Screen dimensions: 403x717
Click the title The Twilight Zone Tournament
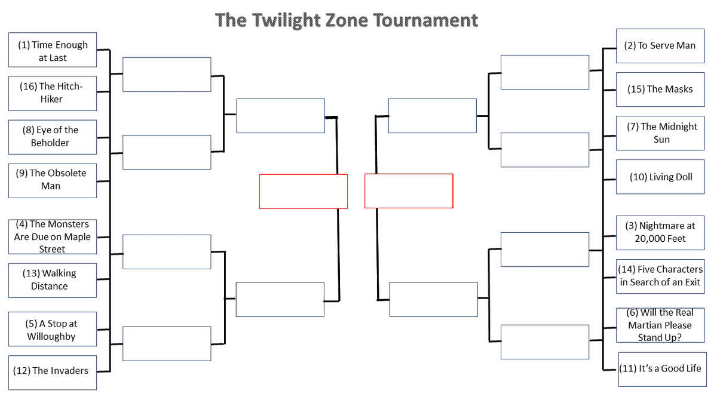[x=347, y=20]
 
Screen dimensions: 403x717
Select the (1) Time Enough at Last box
[x=53, y=50]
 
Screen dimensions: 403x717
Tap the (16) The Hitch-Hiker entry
[x=53, y=93]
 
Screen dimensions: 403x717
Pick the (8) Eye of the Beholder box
[x=53, y=137]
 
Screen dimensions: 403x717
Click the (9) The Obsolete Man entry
[x=53, y=180]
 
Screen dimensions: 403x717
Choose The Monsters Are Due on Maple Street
[x=53, y=237]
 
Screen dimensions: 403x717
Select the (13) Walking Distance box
[x=53, y=280]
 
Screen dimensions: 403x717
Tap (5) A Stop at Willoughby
[x=53, y=329]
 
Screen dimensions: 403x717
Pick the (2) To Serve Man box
[x=660, y=46]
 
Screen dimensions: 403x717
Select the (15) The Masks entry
[x=660, y=90]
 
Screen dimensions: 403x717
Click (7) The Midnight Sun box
[x=660, y=133]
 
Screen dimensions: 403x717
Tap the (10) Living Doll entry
[x=660, y=177]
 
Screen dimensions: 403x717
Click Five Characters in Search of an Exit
[x=660, y=276]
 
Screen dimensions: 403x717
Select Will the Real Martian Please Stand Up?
[x=660, y=325]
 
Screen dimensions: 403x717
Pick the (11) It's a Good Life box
[x=660, y=369]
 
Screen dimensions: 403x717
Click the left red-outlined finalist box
[x=304, y=192]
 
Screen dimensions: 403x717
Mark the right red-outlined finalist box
[x=409, y=191]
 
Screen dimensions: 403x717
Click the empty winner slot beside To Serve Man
[x=545, y=72]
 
